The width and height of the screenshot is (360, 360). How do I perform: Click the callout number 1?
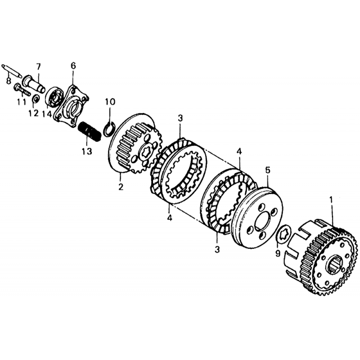(331, 200)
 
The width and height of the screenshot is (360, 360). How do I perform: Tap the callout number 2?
(121, 187)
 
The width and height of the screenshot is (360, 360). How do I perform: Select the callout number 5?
(268, 170)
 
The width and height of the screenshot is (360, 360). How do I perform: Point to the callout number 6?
(73, 66)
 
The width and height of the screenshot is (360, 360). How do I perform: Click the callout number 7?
(38, 67)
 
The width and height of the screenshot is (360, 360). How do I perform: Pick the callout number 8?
(9, 81)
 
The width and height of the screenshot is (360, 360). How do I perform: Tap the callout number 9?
(278, 253)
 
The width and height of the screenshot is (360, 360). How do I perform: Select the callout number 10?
(110, 102)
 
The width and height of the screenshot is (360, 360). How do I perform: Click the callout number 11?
(22, 101)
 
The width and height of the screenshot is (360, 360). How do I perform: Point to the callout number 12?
(33, 113)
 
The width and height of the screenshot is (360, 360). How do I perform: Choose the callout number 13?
(87, 151)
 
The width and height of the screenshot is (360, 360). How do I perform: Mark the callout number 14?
(47, 114)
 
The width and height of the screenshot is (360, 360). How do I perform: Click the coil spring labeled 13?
(89, 132)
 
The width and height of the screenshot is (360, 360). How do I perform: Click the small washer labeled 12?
(36, 99)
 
